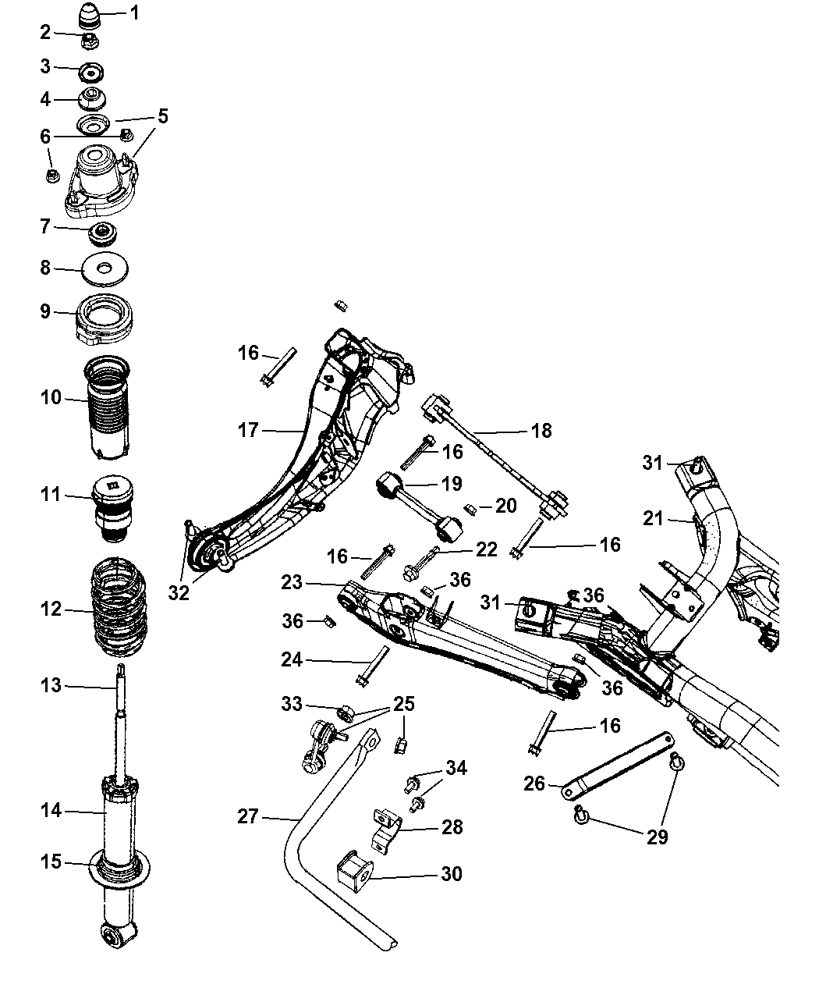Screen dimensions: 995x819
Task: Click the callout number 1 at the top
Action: (x=134, y=12)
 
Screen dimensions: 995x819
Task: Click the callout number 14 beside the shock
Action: (x=51, y=812)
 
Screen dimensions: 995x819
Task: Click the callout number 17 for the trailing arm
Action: (x=248, y=430)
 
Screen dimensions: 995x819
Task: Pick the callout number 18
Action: (x=541, y=430)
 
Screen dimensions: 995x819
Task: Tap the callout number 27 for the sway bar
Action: (x=248, y=816)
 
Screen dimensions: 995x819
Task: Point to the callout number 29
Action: (x=658, y=837)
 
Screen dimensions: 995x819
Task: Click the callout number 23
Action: (x=291, y=581)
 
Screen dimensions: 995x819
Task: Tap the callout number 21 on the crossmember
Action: (x=653, y=517)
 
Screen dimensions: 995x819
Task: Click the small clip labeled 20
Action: (x=470, y=509)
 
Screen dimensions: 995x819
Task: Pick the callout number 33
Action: (x=291, y=704)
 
